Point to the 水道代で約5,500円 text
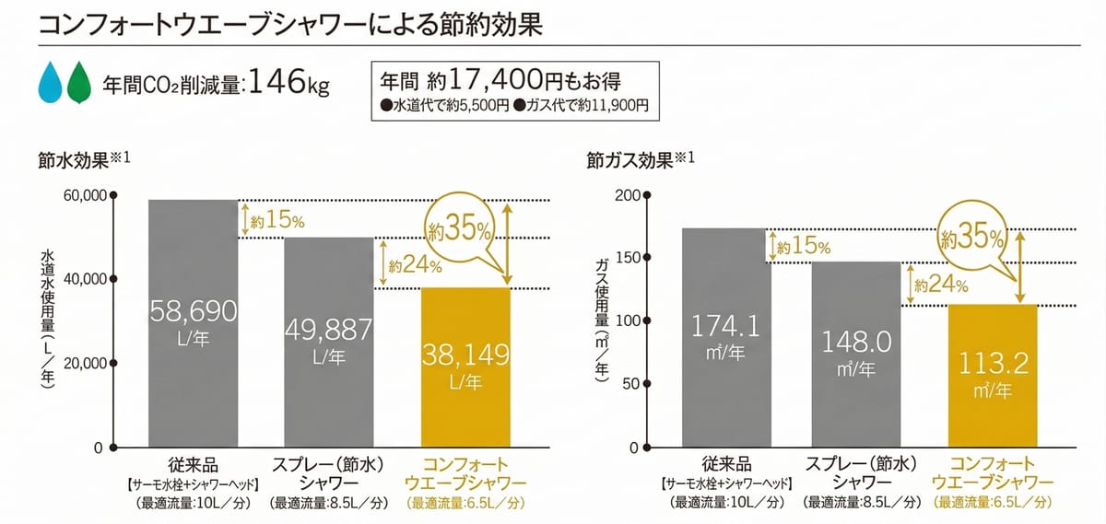tap(444, 105)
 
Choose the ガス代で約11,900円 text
tap(586, 105)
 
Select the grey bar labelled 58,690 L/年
tap(194, 323)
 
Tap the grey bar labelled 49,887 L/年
tap(329, 342)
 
